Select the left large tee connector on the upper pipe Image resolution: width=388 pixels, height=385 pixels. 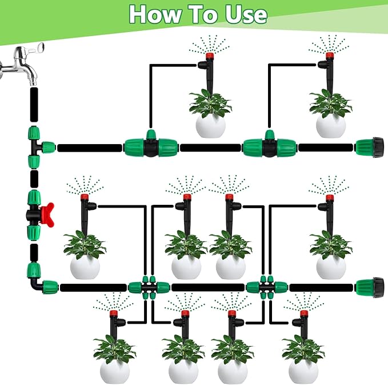151,146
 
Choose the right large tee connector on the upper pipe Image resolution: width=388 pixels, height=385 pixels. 269,146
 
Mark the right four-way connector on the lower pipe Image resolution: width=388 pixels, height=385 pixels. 266,286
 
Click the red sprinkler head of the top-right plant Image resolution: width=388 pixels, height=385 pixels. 329,56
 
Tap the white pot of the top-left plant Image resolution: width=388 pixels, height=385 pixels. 210,125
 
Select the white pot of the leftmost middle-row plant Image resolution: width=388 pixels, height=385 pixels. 85,267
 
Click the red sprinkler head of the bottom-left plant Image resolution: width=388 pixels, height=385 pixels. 113,313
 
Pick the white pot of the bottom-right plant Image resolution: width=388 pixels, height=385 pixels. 303,371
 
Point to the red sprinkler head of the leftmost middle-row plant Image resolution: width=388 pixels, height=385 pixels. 84,197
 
